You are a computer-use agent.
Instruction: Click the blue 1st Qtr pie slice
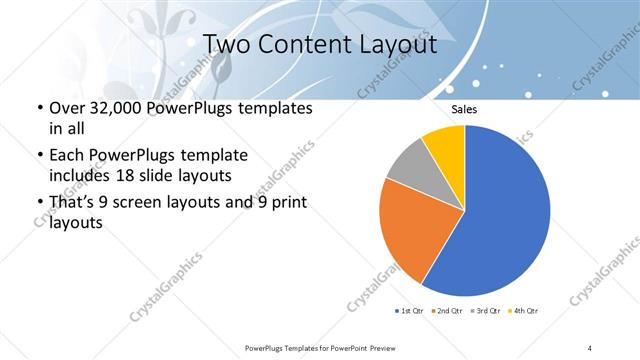(505, 210)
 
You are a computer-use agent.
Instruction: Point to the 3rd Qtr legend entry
(485, 312)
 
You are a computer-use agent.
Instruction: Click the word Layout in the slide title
(402, 45)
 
